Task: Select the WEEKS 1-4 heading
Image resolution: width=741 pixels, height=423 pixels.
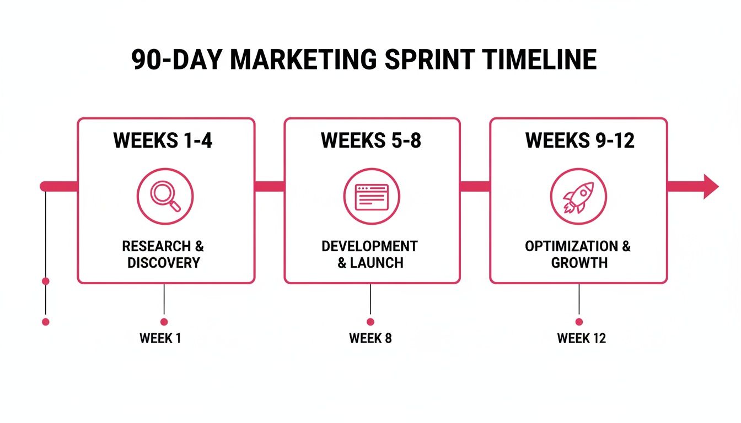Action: pyautogui.click(x=163, y=140)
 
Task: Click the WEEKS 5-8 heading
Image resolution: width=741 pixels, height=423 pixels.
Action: pyautogui.click(x=370, y=140)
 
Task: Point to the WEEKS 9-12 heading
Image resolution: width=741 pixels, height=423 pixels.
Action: pyautogui.click(x=579, y=140)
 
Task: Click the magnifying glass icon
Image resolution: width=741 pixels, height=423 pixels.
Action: pyautogui.click(x=165, y=196)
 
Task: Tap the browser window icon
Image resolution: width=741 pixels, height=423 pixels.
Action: pyautogui.click(x=372, y=197)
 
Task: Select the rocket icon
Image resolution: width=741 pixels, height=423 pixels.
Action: pyautogui.click(x=578, y=197)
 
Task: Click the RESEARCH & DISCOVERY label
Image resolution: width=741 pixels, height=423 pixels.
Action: pyautogui.click(x=163, y=254)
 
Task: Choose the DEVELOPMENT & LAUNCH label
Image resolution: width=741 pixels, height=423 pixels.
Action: pyautogui.click(x=370, y=254)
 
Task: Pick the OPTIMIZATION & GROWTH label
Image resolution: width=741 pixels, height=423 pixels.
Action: pyautogui.click(x=578, y=254)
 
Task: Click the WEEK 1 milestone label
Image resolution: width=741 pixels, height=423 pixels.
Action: pyautogui.click(x=160, y=338)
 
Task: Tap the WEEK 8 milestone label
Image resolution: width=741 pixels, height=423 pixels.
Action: pyautogui.click(x=370, y=338)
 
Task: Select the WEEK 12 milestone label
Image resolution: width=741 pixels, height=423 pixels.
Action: pyautogui.click(x=581, y=338)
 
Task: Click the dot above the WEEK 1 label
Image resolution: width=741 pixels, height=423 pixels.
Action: pyautogui.click(x=164, y=322)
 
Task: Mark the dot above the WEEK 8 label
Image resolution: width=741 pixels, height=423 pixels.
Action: pyautogui.click(x=370, y=322)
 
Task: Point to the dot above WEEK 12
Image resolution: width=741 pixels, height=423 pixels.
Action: pyautogui.click(x=579, y=322)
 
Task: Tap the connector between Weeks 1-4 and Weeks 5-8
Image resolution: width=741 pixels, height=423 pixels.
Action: pyautogui.click(x=269, y=186)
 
